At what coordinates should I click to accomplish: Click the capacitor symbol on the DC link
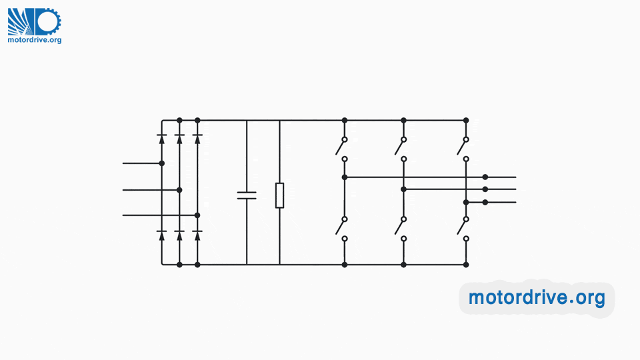pyautogui.click(x=247, y=195)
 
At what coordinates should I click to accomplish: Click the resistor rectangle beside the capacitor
pyautogui.click(x=279, y=195)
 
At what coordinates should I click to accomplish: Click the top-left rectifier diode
pyautogui.click(x=161, y=138)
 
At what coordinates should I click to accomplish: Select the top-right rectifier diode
pyautogui.click(x=197, y=138)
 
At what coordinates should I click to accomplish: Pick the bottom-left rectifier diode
pyautogui.click(x=161, y=234)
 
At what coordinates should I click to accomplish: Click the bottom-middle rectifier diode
pyautogui.click(x=179, y=234)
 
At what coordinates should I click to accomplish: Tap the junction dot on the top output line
pyautogui.click(x=485, y=177)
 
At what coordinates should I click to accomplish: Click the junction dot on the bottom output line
pyautogui.click(x=485, y=202)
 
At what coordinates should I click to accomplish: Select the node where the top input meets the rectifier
pyautogui.click(x=161, y=163)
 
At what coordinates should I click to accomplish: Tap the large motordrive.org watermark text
pyautogui.click(x=537, y=297)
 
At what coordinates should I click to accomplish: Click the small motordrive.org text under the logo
pyautogui.click(x=35, y=40)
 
